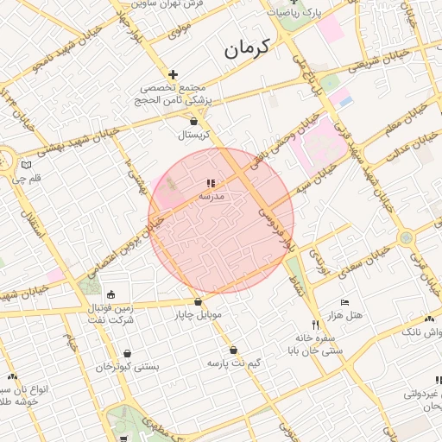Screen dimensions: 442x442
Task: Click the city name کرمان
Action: coord(247,48)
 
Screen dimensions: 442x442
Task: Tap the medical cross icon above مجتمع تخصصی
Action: coord(174,75)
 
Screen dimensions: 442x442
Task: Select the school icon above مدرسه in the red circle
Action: coord(211,183)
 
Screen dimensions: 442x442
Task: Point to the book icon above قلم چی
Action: coord(26,165)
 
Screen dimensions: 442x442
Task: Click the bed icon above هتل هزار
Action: coord(344,303)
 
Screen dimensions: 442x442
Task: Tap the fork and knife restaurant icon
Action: coord(316,325)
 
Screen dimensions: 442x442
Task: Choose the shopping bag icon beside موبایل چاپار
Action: coord(199,302)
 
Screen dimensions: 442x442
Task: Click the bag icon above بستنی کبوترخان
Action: coord(128,353)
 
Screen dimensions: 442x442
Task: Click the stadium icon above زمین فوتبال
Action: coord(110,295)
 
